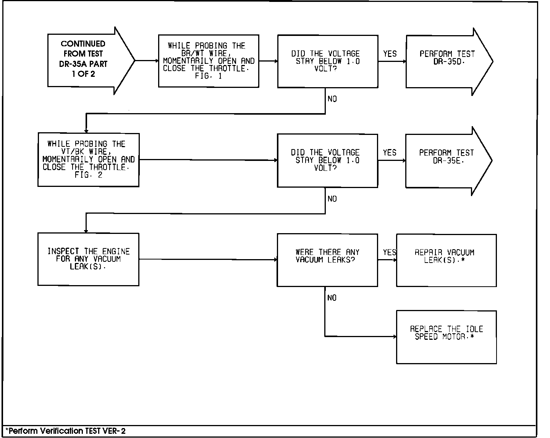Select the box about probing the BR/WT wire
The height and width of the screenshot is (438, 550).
pos(209,61)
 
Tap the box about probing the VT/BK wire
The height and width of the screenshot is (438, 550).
pos(88,160)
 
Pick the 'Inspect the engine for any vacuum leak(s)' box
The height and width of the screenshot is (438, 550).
pos(88,259)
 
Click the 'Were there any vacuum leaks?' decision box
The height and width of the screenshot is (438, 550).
pos(327,260)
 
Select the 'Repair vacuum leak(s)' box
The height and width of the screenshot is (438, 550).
pos(446,260)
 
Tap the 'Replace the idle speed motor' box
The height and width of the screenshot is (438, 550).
pos(446,337)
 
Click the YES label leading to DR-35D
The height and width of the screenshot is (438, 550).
pos(390,54)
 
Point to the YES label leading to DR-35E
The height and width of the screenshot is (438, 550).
pos(390,153)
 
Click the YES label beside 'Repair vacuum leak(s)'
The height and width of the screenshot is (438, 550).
pos(389,252)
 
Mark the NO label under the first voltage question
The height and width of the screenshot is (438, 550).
pos(332,99)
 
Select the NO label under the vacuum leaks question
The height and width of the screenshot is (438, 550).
pos(332,298)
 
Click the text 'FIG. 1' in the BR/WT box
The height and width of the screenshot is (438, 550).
pos(209,76)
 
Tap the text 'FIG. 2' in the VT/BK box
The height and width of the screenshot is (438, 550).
pos(88,175)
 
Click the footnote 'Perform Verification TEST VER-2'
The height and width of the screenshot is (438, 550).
pos(66,432)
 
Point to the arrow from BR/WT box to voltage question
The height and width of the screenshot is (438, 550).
pos(268,61)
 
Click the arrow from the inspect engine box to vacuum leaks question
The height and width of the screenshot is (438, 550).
pos(208,260)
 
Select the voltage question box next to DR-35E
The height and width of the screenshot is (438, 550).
pos(327,161)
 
